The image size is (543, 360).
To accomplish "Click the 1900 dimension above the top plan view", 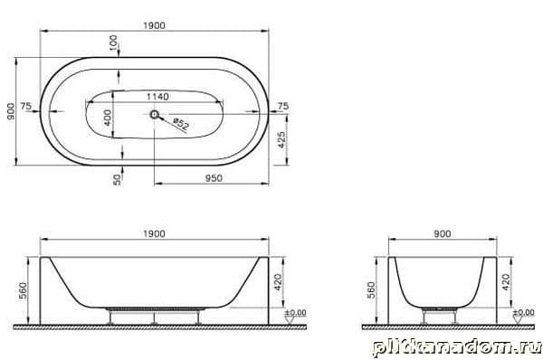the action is tap(155, 25).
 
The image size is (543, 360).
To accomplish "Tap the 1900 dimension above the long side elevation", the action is tap(155, 234).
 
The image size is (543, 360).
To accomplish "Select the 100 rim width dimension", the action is tap(114, 43).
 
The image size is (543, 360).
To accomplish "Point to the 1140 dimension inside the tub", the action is tap(157, 97).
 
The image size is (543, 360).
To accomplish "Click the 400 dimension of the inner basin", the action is tap(108, 118).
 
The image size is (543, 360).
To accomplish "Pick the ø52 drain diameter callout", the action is tap(181, 124).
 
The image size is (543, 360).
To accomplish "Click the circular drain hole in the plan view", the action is tap(154, 114).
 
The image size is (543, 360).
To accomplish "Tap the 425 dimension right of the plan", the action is tap(281, 139).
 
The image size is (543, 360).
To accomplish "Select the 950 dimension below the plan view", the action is tap(214, 178).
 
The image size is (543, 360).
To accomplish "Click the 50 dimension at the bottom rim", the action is tap(118, 180).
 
